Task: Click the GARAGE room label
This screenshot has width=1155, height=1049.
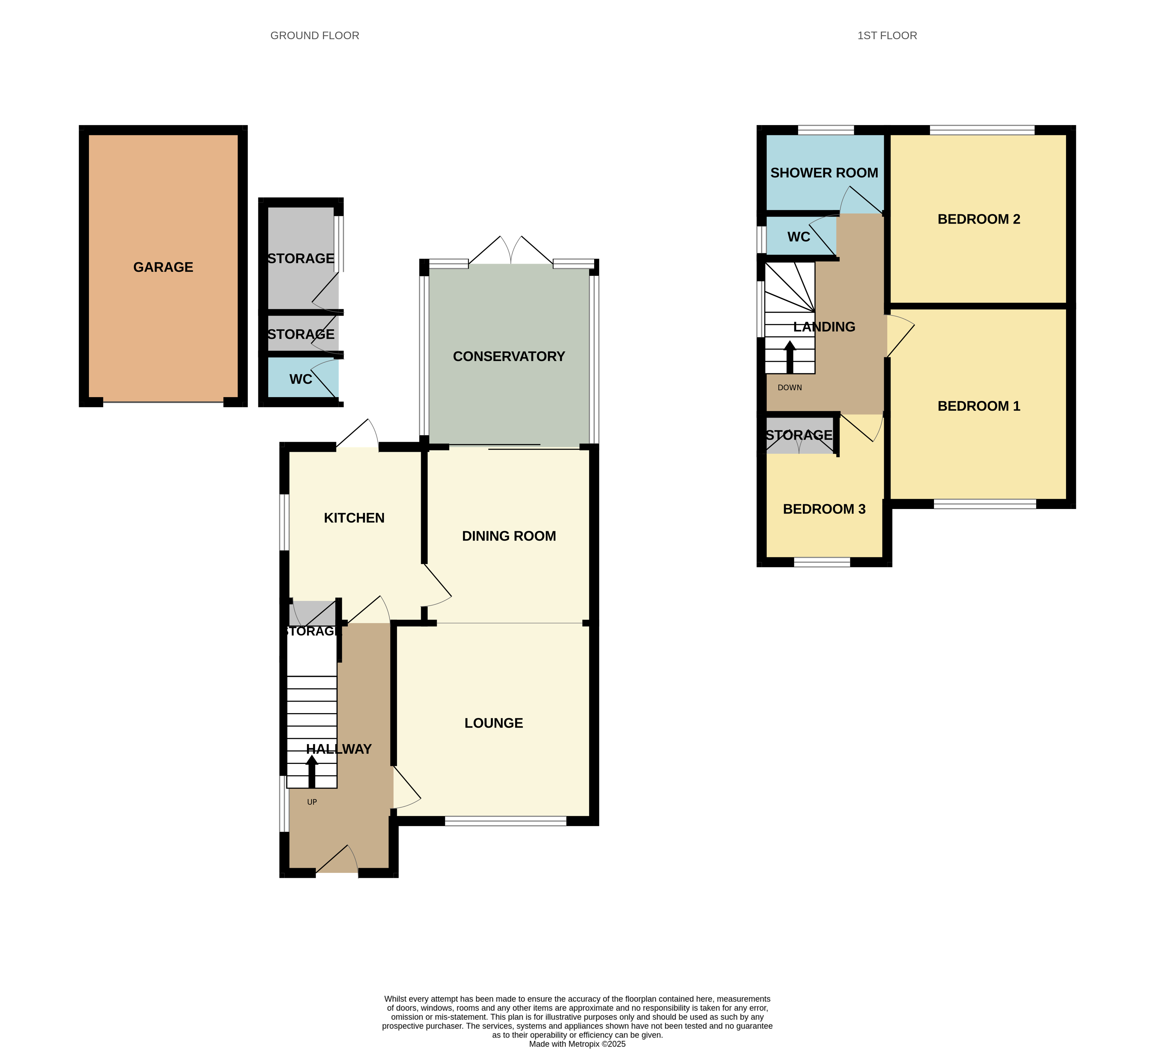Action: (x=163, y=267)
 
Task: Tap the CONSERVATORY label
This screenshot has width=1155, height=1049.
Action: (x=509, y=356)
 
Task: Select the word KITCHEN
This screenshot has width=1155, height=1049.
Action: (x=354, y=518)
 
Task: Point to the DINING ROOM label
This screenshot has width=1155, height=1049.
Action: (x=509, y=536)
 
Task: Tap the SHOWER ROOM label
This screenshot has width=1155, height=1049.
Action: (x=824, y=173)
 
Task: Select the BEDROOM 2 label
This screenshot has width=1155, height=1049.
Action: (x=978, y=219)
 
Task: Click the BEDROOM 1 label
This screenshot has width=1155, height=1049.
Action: (x=978, y=406)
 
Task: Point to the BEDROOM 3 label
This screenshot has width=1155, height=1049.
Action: (x=824, y=509)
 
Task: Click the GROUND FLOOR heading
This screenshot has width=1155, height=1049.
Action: (x=315, y=36)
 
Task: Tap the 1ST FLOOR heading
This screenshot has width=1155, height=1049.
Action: (x=887, y=36)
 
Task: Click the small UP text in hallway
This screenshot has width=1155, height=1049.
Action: (x=312, y=802)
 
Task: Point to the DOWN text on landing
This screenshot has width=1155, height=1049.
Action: (x=789, y=388)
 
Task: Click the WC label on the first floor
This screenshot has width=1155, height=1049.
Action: (x=799, y=237)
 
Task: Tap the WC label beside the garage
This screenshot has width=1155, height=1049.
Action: (x=300, y=379)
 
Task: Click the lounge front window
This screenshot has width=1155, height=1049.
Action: (x=505, y=821)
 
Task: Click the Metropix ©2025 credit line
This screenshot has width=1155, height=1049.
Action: (x=577, y=1044)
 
